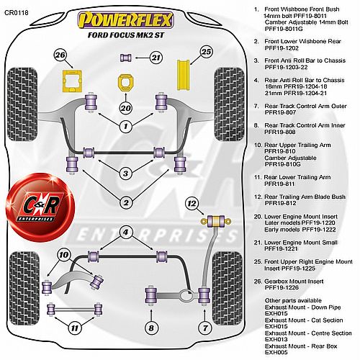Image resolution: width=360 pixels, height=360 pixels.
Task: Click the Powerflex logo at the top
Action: click(125, 19)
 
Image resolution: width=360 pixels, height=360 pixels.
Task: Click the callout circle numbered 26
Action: click(60, 55)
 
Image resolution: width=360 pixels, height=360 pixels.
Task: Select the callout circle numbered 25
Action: click(207, 52)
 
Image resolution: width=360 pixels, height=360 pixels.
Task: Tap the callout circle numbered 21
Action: click(156, 58)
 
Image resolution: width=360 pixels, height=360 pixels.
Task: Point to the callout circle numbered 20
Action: click(125, 108)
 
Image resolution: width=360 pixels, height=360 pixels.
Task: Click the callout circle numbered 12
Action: click(192, 204)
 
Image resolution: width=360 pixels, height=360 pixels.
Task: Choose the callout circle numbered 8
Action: click(151, 328)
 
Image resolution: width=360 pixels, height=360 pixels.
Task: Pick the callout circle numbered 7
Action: click(205, 328)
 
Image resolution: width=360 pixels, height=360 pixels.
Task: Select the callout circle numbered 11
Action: click(75, 328)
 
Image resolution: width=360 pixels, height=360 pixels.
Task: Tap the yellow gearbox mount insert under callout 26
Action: click(72, 81)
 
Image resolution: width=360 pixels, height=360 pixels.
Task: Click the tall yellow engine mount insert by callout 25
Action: click(184, 75)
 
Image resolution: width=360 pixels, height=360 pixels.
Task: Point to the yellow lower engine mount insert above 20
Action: click(125, 83)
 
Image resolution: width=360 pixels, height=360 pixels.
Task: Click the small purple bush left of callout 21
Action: click(126, 58)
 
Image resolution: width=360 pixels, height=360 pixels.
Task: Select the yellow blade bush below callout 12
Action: click(216, 221)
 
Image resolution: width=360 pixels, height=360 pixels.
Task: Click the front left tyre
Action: click(22, 104)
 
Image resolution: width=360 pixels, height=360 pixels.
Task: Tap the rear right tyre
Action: click(227, 288)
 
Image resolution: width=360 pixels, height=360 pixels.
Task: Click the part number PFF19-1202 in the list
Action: click(282, 48)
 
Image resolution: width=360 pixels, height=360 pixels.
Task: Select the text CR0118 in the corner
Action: click(17, 12)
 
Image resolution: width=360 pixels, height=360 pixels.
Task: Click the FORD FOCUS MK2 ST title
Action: click(126, 35)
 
